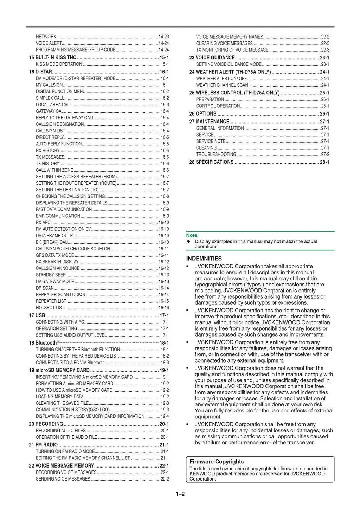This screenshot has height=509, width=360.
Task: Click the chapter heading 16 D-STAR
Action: [40, 72]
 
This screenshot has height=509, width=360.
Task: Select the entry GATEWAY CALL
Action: [51, 111]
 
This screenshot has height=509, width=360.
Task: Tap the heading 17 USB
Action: [37, 315]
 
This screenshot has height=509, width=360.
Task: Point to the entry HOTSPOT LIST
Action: [50, 308]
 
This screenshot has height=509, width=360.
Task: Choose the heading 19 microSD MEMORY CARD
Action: [59, 370]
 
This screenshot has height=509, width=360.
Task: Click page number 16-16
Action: [164, 308]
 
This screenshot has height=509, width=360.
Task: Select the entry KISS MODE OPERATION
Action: [59, 64]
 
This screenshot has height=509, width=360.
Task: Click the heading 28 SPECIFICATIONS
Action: [211, 162]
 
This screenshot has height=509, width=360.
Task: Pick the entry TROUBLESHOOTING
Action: [216, 155]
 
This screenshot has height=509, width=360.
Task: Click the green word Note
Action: [192, 235]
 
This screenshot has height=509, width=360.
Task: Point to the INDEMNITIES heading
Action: [204, 259]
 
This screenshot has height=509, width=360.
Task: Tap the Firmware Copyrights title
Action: [217, 462]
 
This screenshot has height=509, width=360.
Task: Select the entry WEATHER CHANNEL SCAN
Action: [222, 85]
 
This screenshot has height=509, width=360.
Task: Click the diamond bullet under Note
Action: [188, 242]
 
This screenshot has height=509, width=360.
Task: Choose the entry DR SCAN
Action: [45, 288]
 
